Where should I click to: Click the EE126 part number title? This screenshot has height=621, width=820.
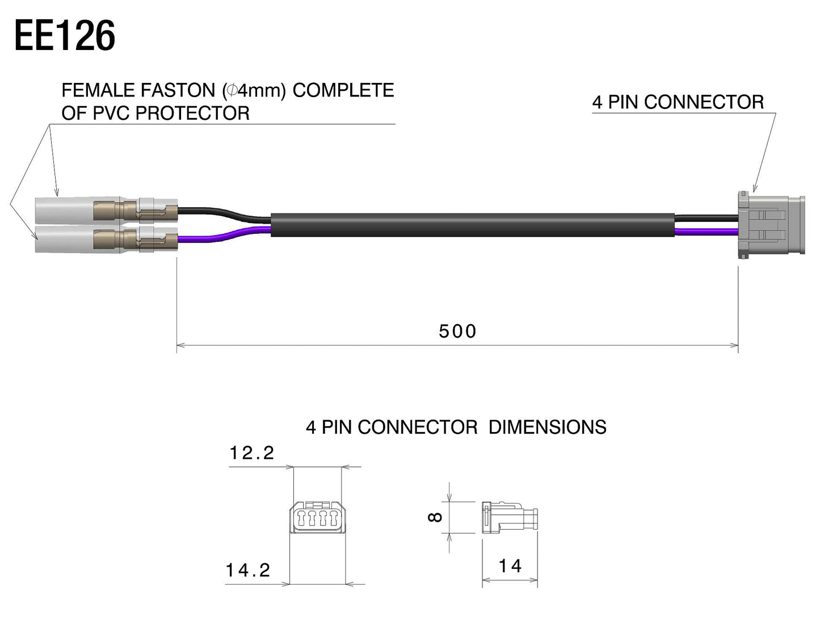coord(65,36)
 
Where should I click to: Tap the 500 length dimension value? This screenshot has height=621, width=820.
coord(457,331)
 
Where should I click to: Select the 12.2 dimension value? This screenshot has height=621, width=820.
coord(252,453)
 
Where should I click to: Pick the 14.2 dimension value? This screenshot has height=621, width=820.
coord(249,570)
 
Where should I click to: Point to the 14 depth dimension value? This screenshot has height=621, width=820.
coord(510,566)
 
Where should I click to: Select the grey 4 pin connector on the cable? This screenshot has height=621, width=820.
coord(769,226)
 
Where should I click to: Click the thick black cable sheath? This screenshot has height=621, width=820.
coord(471,225)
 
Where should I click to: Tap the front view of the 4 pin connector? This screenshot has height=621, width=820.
coord(317,517)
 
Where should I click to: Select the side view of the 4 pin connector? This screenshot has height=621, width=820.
coord(510,517)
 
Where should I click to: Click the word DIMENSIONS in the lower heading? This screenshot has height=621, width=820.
coord(547,427)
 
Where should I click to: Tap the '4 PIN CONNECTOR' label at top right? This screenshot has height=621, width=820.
coord(678,102)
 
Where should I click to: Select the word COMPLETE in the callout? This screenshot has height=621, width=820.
coord(343,90)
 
